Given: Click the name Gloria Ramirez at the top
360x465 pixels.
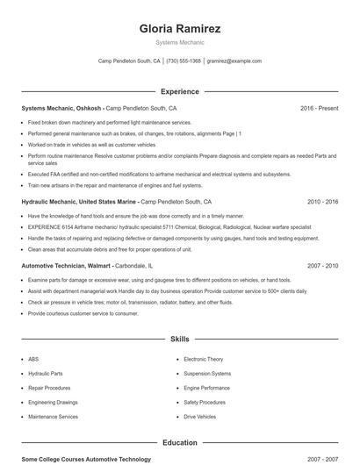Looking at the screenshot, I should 179,29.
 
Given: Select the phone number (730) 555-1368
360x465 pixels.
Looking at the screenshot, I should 184,61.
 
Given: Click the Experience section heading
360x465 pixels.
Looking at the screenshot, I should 179,91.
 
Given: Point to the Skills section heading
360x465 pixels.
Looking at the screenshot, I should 179,338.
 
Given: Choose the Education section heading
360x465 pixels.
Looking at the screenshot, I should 179,443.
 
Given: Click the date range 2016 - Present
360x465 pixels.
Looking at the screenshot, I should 319,108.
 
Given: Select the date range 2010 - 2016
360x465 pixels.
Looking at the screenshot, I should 322,201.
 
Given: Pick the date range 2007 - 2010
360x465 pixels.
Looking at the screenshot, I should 322,265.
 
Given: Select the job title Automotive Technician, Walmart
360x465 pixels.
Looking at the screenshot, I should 65,265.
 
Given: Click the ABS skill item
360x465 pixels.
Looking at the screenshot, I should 33,359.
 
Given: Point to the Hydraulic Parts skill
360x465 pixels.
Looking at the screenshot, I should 45,374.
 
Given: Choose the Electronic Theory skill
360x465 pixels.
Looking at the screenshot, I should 203,359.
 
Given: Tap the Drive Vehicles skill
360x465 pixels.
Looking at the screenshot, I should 199,417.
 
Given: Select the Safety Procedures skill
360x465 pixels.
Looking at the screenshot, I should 204,403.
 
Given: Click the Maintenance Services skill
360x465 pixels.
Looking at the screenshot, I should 53,417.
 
